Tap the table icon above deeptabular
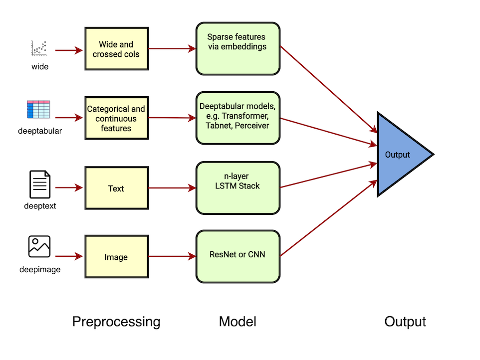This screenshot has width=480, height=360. [39, 110]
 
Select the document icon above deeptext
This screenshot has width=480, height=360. [40, 184]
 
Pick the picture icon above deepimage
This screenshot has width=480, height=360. [39, 246]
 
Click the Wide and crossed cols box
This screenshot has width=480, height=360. [116, 49]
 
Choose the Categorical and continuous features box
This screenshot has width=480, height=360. [116, 118]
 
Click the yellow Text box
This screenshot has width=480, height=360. [116, 188]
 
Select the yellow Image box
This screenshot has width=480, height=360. [116, 257]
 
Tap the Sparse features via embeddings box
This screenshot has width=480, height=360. [237, 48]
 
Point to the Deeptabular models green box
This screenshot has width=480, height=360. [237, 118]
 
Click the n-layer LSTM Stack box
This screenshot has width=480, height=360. [237, 187]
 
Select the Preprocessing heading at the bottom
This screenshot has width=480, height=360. [116, 322]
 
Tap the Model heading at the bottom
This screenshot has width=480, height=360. [238, 322]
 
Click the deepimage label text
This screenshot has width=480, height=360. [40, 270]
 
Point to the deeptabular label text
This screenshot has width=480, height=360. [40, 131]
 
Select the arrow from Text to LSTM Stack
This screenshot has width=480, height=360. [172, 188]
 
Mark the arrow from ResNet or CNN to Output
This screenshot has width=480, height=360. [327, 219]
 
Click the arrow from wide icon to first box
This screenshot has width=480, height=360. [68, 50]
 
